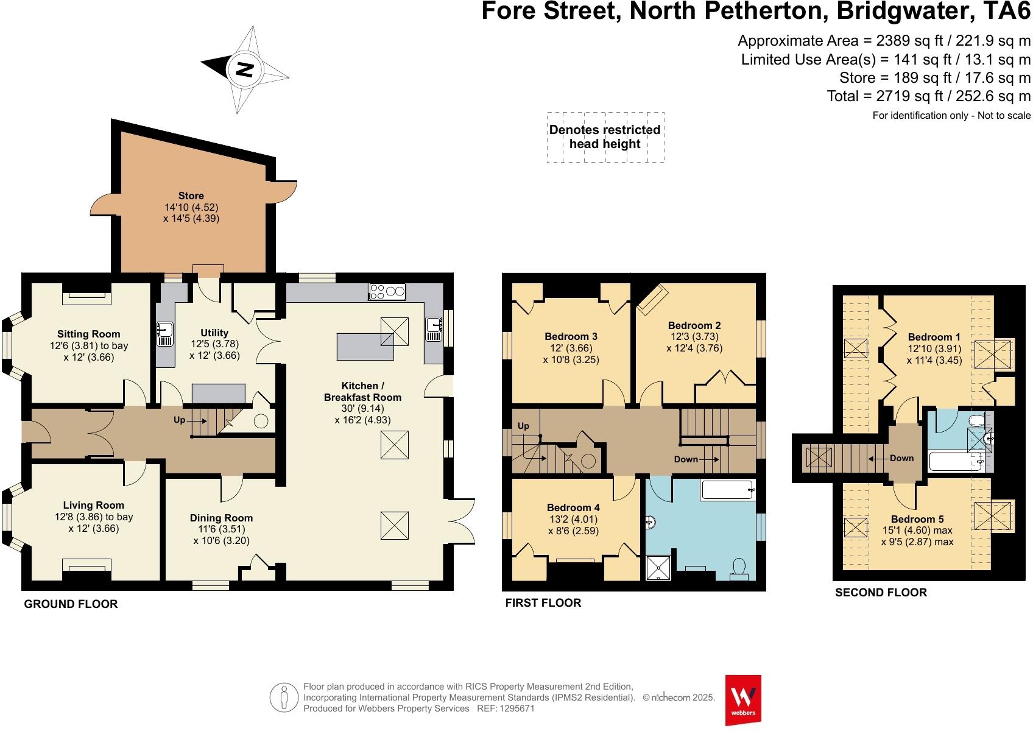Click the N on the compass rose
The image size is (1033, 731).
tap(244, 69)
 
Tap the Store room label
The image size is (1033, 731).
tap(191, 196)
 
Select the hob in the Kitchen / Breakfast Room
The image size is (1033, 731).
tap(387, 292)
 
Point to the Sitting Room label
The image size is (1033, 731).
tap(89, 334)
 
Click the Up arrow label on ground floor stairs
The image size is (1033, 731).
tap(179, 420)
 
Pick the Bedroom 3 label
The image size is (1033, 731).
tap(571, 336)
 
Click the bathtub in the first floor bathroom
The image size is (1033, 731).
tap(728, 489)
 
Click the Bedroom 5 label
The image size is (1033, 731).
tap(917, 519)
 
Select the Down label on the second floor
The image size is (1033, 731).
tap(901, 458)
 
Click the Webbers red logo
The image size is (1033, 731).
tap(743, 699)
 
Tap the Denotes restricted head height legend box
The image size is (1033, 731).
tap(605, 137)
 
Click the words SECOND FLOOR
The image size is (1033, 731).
tap(881, 592)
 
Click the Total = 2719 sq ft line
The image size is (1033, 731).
tap(928, 96)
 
